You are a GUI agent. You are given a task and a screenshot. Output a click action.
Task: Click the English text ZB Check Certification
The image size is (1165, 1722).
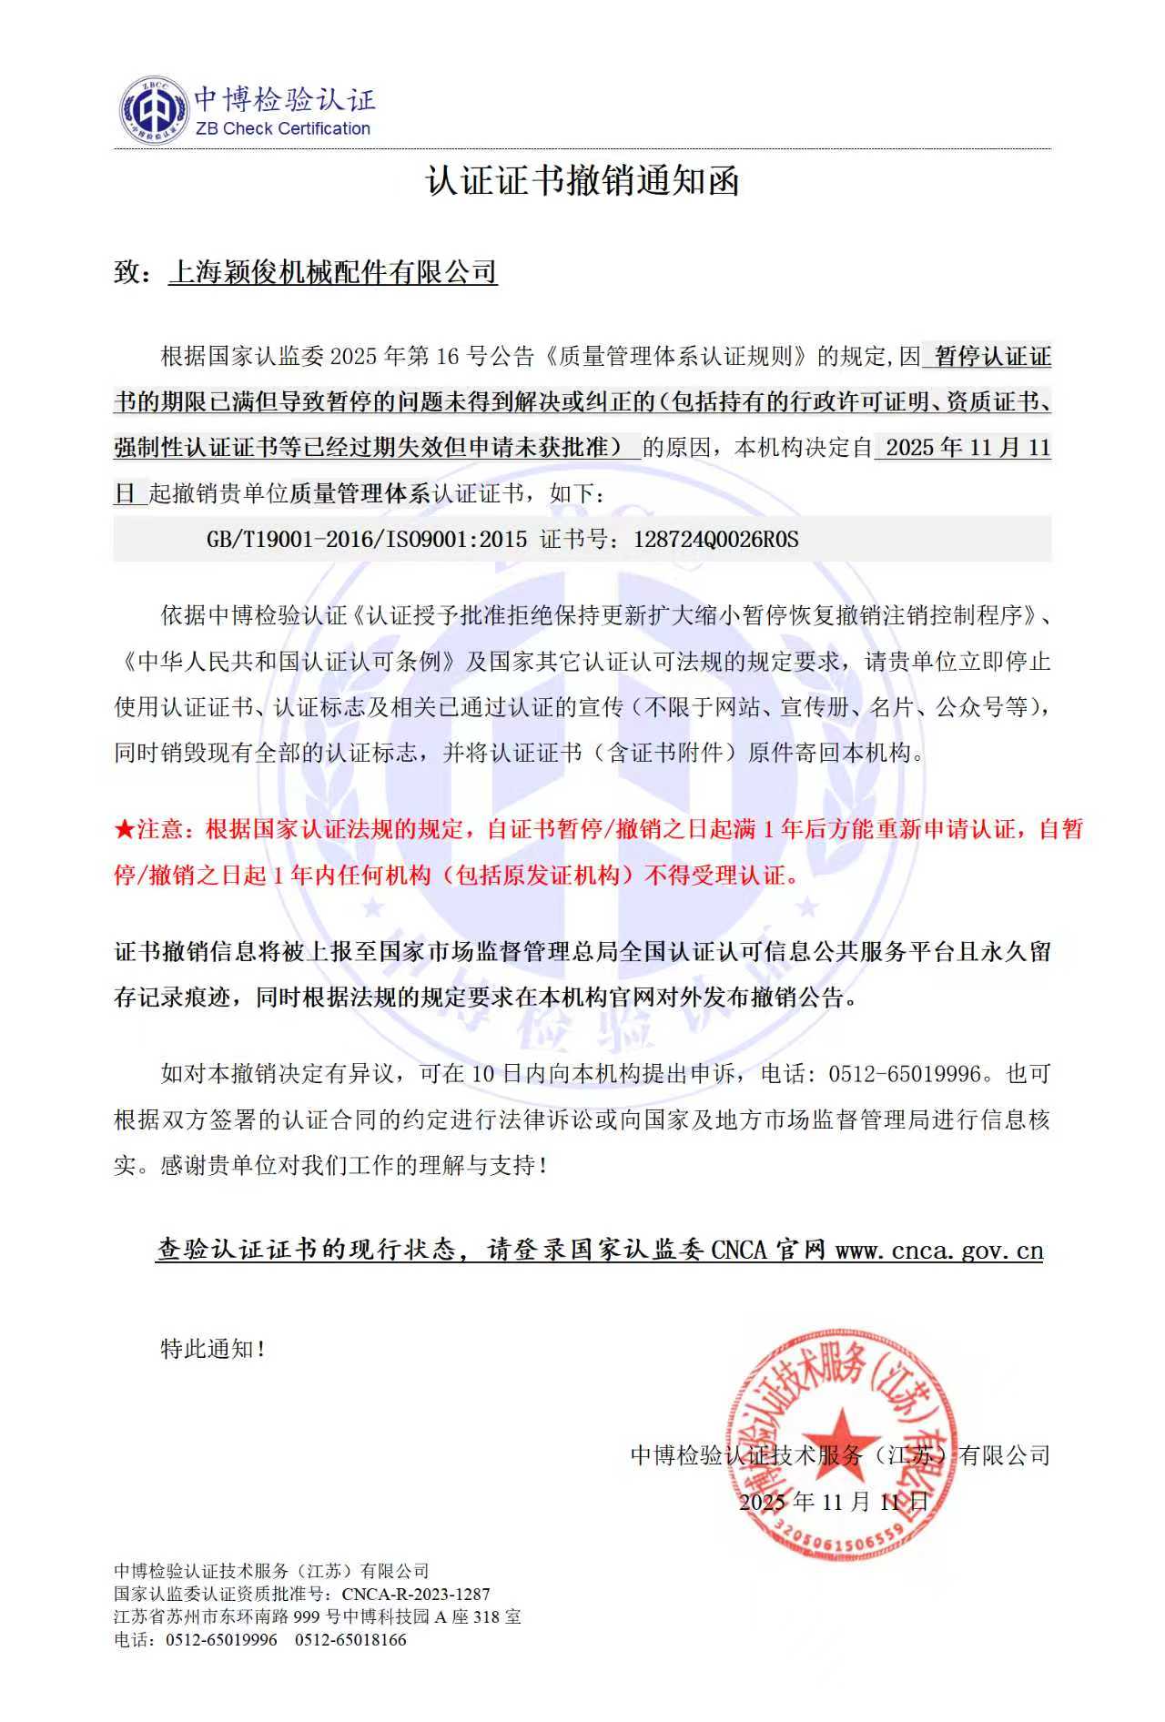283,129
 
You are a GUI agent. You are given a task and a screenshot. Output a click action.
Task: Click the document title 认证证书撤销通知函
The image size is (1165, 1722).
582,182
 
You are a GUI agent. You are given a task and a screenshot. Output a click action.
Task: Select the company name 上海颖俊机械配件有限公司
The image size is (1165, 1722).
333,272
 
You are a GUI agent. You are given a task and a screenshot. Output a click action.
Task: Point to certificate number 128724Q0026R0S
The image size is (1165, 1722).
715,540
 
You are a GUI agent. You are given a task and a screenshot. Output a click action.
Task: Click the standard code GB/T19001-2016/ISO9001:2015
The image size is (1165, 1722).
367,540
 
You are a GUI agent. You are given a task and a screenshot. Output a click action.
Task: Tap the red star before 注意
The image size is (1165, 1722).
125,830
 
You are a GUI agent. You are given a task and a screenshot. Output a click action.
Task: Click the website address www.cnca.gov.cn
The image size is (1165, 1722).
939,1251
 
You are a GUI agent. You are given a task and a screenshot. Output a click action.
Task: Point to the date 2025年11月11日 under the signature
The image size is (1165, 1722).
834,1502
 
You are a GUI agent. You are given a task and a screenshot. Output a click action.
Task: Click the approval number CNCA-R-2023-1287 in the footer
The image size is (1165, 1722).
416,1595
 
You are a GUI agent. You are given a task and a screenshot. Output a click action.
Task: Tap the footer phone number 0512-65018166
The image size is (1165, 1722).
350,1640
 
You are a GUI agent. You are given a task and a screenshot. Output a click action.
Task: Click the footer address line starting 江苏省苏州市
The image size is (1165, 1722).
318,1617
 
